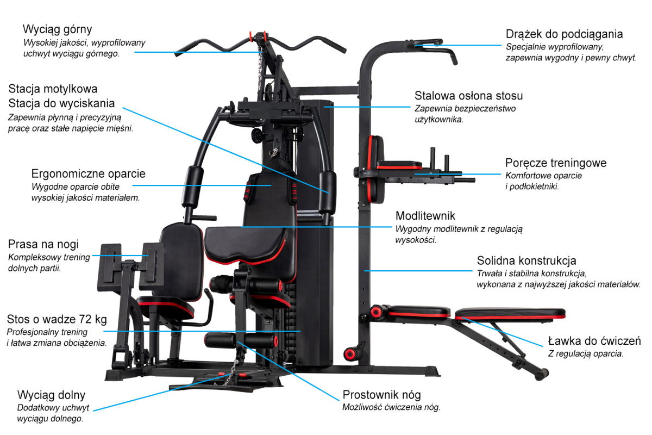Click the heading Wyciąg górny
click(57, 29)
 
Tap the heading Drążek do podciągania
click(564, 34)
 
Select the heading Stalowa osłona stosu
click(468, 96)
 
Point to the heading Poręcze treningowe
click(555, 163)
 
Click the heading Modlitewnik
click(425, 216)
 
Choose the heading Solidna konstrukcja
click(526, 260)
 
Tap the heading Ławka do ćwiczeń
click(594, 341)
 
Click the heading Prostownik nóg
click(381, 395)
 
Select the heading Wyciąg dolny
click(51, 395)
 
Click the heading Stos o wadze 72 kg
click(57, 319)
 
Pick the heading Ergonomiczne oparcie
click(89, 175)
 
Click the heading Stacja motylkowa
click(53, 88)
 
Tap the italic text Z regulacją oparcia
click(585, 353)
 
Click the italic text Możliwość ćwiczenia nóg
click(391, 407)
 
